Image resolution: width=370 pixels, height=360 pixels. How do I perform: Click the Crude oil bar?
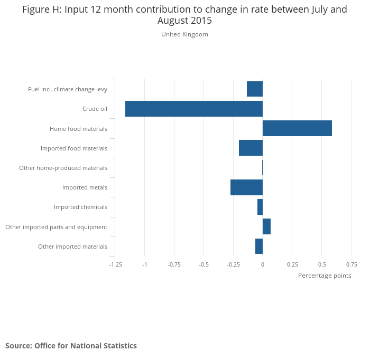coord(193,109)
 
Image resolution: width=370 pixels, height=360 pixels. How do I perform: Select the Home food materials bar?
coord(297,128)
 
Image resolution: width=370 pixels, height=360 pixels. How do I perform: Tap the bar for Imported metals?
coord(246,187)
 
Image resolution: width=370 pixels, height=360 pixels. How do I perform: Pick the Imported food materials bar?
coord(251,148)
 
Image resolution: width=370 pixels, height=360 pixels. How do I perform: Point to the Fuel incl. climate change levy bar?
coord(255,89)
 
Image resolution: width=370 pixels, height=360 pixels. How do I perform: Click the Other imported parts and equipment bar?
coord(266,226)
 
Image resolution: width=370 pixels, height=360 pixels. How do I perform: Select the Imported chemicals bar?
coord(260,207)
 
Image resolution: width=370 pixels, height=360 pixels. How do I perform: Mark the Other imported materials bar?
coord(259,246)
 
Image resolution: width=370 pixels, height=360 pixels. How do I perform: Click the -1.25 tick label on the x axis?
coord(115,264)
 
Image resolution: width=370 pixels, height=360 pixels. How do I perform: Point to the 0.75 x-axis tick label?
coord(351,264)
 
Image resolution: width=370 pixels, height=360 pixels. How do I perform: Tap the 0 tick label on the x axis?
coord(263,264)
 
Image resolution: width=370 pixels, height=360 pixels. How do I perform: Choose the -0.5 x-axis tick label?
coord(203,264)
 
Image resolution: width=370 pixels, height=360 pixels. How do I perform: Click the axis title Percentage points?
coord(325,276)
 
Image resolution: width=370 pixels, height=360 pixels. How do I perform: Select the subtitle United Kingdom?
coord(184,34)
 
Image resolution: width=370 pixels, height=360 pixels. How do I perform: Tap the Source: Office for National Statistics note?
coord(71,346)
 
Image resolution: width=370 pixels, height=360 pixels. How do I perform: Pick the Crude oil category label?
coord(95,109)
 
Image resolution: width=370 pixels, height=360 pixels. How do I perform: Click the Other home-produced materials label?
coord(63,168)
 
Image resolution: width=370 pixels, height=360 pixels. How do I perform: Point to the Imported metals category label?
coord(85,187)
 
